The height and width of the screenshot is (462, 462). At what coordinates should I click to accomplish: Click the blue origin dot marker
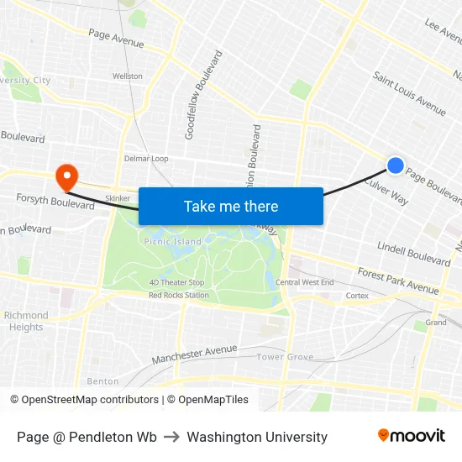point(396,166)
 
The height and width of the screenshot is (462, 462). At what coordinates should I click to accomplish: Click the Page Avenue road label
point(116,39)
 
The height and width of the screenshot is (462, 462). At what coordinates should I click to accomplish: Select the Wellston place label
point(128,76)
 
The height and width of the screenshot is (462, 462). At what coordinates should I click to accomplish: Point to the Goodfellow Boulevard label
point(203,95)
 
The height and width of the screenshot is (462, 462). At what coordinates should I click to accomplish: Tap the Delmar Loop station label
point(146,158)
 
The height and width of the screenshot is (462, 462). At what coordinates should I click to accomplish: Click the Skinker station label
point(118,198)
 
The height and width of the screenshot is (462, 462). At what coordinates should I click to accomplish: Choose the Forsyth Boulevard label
point(55,201)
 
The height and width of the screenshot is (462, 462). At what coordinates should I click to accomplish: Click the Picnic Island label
point(173,242)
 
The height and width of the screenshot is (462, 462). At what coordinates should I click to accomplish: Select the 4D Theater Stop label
point(177,283)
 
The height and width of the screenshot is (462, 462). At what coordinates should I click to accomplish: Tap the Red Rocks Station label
point(179,295)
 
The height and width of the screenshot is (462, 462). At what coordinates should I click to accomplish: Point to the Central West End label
point(304,282)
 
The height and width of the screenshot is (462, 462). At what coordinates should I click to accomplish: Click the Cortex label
point(357,296)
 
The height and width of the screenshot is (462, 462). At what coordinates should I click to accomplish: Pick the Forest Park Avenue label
point(398,281)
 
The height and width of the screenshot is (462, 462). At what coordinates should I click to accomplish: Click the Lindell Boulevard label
point(414,253)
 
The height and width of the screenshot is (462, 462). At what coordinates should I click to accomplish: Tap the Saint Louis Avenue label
point(409,92)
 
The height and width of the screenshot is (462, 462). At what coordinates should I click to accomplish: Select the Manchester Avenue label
point(195,354)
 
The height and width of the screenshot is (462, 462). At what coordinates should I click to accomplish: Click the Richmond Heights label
point(26,321)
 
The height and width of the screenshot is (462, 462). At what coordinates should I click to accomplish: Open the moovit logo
point(412,436)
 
